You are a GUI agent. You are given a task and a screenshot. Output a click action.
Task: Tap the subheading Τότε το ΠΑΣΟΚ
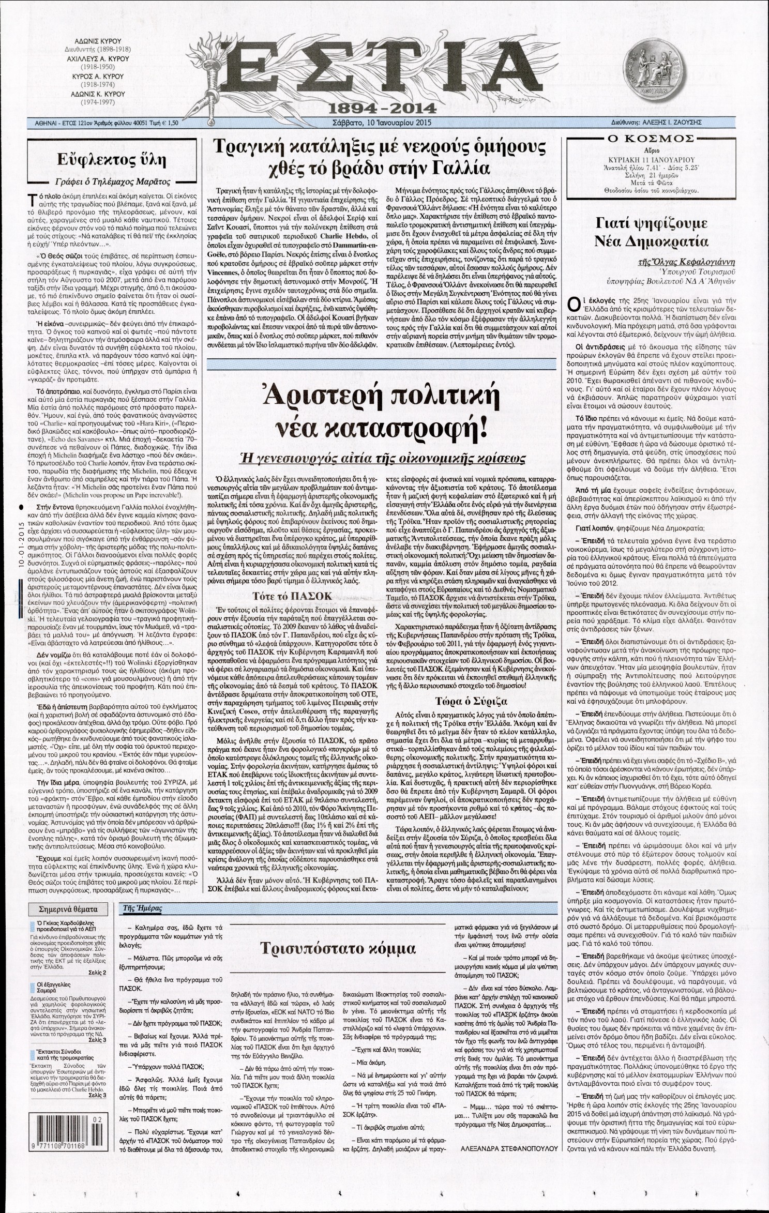click(x=294, y=596)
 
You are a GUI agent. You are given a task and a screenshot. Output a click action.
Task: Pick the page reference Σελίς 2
click(x=96, y=972)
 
